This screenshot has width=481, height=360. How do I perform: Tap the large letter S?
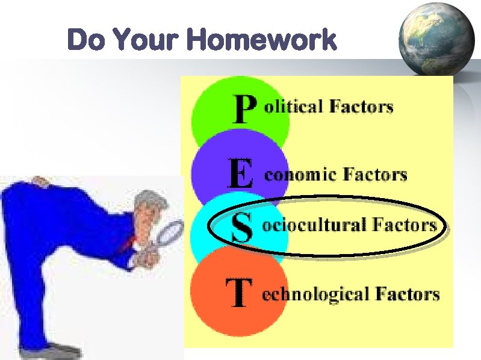click(241, 227)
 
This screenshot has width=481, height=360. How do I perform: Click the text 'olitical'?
click(293, 107)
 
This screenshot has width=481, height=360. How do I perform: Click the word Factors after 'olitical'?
click(361, 107)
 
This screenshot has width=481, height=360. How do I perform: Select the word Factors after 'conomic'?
click(375, 175)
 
